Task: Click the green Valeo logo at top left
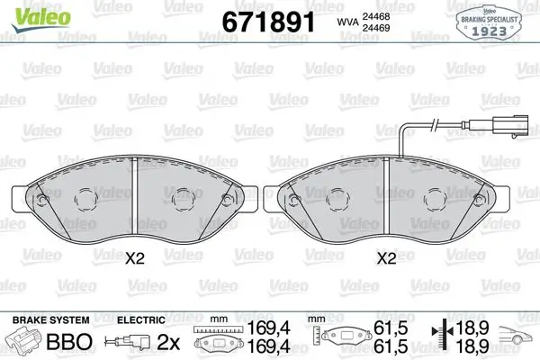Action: [41, 19]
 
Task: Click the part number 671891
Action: [268, 22]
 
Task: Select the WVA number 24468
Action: [375, 16]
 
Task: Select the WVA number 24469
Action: [375, 28]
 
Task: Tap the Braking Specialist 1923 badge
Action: [489, 23]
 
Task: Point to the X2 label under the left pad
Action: [134, 258]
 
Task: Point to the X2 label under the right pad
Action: [386, 258]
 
